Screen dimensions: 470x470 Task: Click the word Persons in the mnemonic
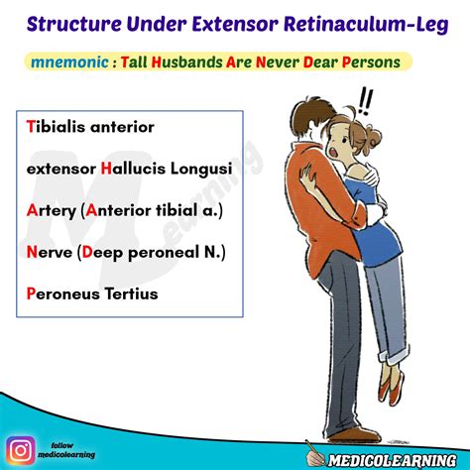(370, 61)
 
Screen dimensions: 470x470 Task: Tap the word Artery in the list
(52, 211)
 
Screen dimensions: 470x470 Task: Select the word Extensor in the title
(237, 22)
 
